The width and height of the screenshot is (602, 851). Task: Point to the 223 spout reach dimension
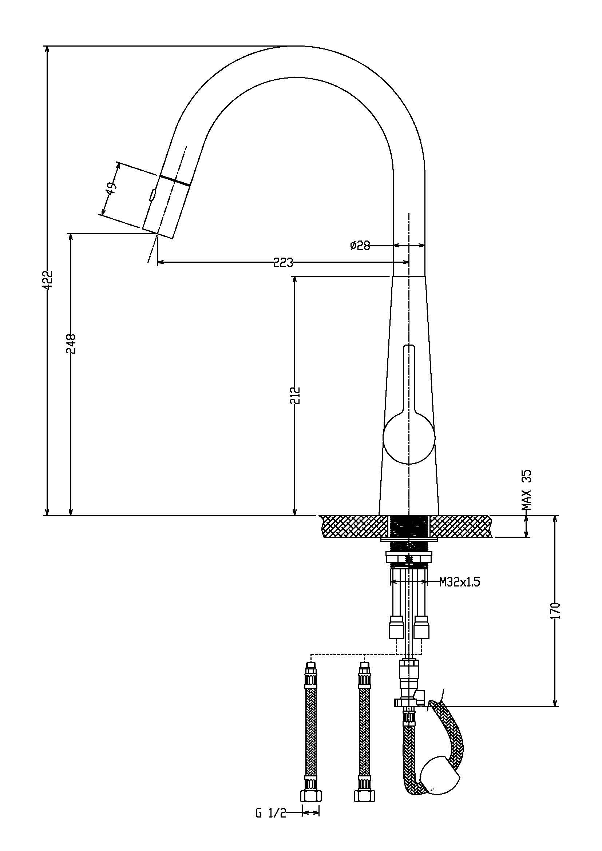pos(283,262)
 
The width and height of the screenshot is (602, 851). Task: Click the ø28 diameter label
pos(360,245)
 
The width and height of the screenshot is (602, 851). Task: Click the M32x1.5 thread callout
pos(460,582)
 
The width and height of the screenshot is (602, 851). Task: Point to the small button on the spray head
pos(152,195)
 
